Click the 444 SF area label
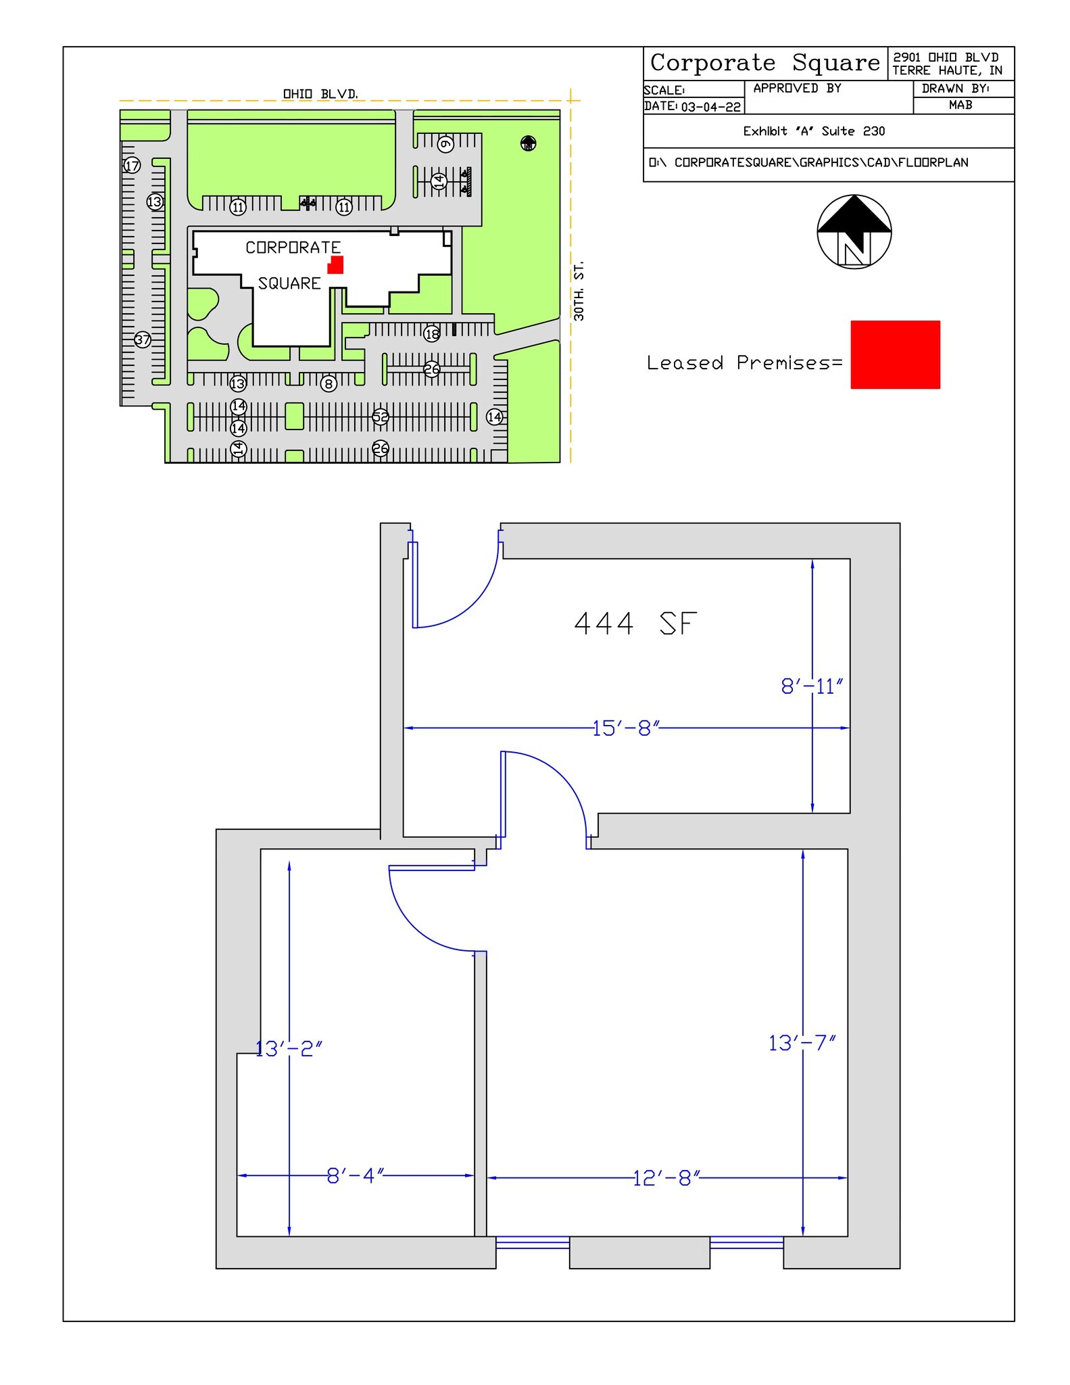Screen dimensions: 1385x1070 pyautogui.click(x=635, y=624)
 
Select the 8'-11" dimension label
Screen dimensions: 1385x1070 pyautogui.click(x=812, y=686)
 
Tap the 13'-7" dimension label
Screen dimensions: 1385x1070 pyautogui.click(x=802, y=1043)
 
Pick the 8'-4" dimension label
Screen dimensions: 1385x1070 pyautogui.click(x=356, y=1175)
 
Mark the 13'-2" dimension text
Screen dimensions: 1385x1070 pyautogui.click(x=289, y=1048)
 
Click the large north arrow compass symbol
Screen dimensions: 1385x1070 pyautogui.click(x=854, y=231)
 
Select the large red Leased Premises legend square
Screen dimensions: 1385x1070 pyautogui.click(x=895, y=354)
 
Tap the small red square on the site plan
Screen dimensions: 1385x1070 pyautogui.click(x=335, y=265)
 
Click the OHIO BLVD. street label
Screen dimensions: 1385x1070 pyautogui.click(x=320, y=94)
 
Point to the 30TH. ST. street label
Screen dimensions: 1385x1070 pyautogui.click(x=579, y=291)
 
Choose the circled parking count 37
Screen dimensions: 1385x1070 pyautogui.click(x=143, y=339)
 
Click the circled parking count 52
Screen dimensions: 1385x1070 pyautogui.click(x=381, y=417)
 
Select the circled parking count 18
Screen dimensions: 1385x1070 pyautogui.click(x=432, y=333)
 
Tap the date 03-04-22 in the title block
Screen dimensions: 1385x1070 pyautogui.click(x=710, y=107)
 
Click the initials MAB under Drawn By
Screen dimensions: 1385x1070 pyautogui.click(x=960, y=105)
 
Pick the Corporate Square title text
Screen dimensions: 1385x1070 pyautogui.click(x=764, y=63)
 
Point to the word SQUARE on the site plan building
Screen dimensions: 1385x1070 pyautogui.click(x=289, y=283)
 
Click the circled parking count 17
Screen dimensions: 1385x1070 pyautogui.click(x=132, y=165)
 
